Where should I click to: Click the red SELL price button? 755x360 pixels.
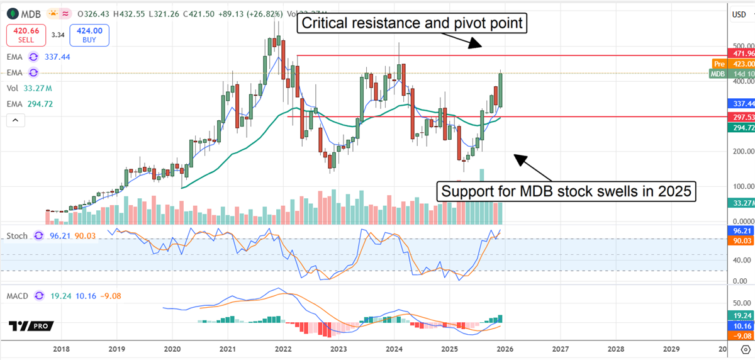(x=26, y=36)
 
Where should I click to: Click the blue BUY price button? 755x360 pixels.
(x=90, y=36)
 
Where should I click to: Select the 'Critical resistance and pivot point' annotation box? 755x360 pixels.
(x=412, y=24)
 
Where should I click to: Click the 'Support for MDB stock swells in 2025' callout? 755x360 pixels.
(x=567, y=191)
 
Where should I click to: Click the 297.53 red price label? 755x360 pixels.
(x=741, y=117)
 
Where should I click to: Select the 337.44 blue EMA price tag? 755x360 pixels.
(x=741, y=103)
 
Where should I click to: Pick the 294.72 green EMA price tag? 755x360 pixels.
(x=741, y=128)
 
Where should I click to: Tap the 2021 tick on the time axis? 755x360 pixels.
(x=227, y=348)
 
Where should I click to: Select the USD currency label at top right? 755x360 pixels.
(x=739, y=13)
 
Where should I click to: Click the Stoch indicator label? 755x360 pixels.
(x=17, y=236)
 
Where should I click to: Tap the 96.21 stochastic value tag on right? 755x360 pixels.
(x=741, y=231)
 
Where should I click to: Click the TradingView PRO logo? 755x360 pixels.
(x=31, y=326)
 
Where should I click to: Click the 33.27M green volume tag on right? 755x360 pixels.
(x=741, y=203)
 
